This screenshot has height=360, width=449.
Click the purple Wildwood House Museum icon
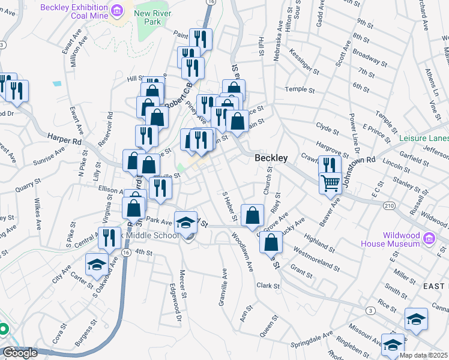(429, 239)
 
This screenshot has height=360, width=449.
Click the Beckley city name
(271, 158)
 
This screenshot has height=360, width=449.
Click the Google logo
(19, 353)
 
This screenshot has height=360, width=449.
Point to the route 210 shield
(390, 206)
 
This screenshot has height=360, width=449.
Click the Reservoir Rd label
(109, 133)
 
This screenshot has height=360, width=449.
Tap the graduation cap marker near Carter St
(97, 265)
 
